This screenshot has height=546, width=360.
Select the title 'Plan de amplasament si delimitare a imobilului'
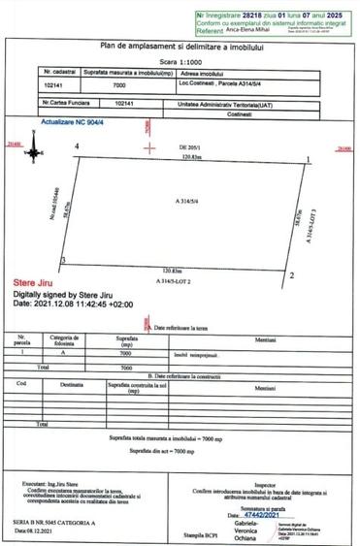[179, 46]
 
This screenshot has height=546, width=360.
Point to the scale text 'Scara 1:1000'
[179, 60]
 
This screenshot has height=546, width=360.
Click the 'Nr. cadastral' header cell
[60, 73]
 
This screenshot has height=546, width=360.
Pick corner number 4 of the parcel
[76, 146]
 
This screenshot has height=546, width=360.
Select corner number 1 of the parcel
[308, 159]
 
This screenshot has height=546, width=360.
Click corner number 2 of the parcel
[292, 276]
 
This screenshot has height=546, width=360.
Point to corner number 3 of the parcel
[64, 261]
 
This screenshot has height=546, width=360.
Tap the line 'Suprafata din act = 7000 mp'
[180, 452]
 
